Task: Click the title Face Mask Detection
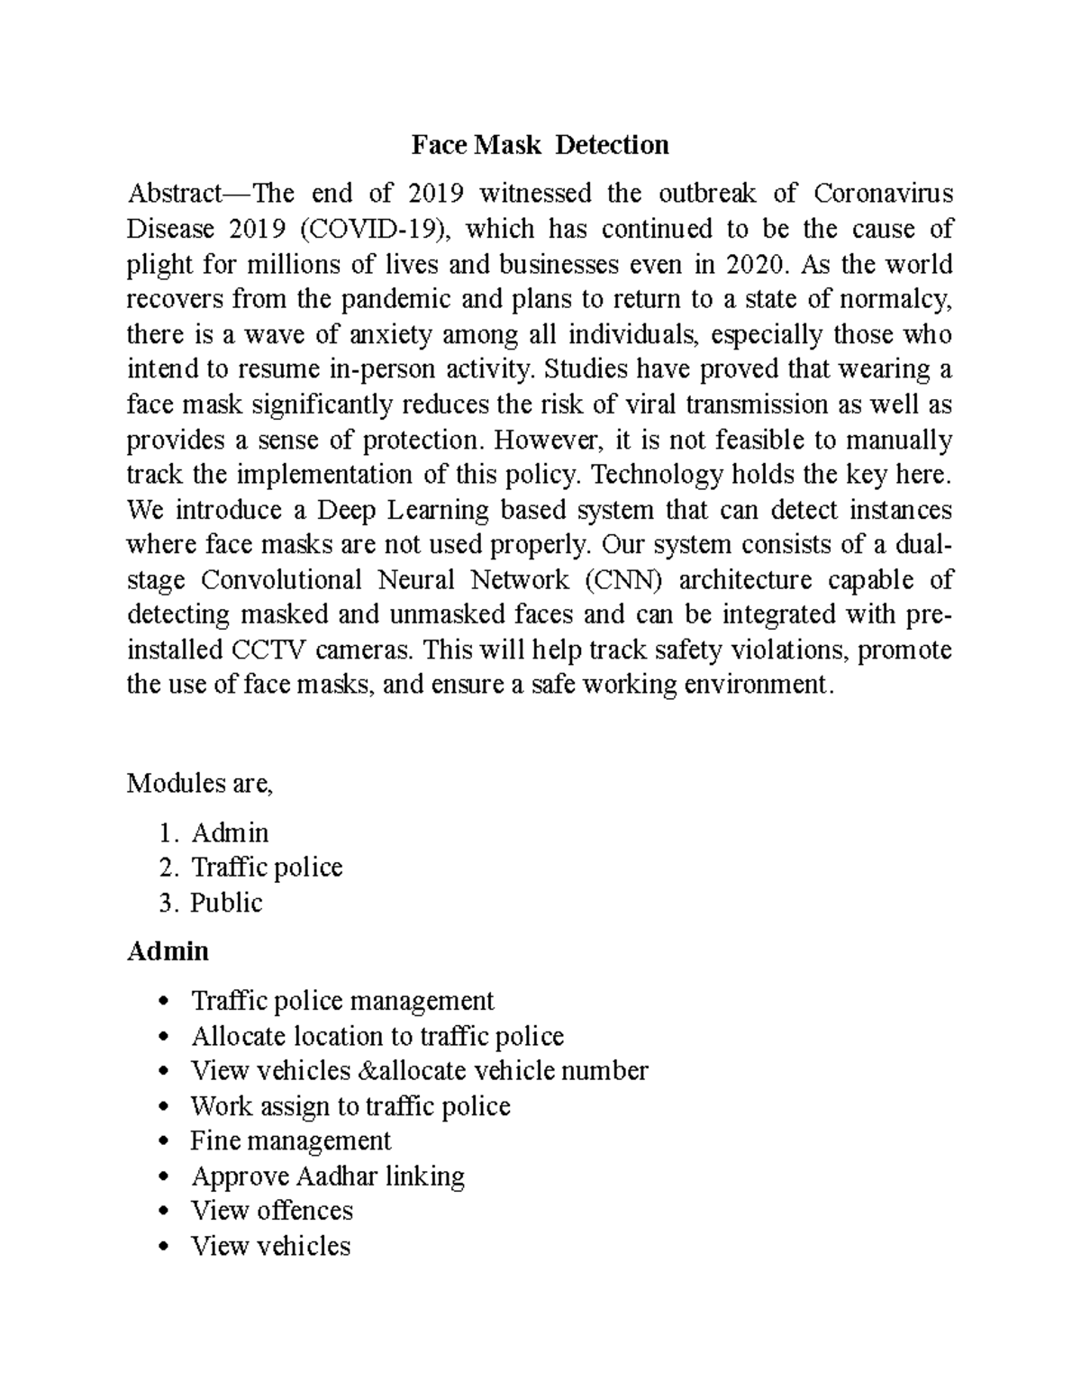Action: tap(540, 145)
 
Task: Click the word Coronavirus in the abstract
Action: tap(883, 194)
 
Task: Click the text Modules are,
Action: tap(199, 783)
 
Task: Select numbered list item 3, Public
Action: tap(226, 903)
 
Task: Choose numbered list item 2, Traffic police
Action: tap(267, 868)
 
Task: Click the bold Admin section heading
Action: tap(168, 951)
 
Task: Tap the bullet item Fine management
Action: tap(291, 1141)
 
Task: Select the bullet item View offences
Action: tap(271, 1211)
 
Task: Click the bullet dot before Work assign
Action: tap(162, 1107)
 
